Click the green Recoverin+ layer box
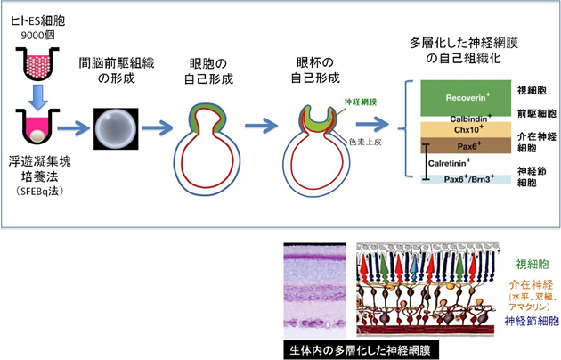click(453, 94)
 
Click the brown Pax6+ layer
click(453, 145)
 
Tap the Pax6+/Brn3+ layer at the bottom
click(453, 179)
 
